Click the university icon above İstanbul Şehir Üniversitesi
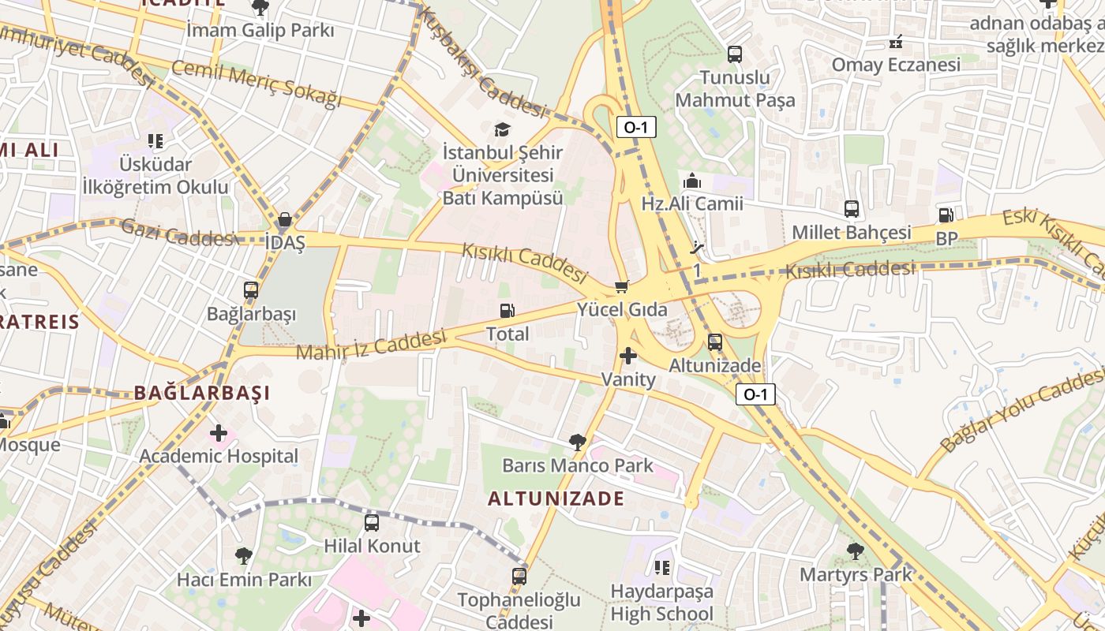pos(502,129)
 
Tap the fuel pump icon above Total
pos(508,312)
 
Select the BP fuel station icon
pos(946,215)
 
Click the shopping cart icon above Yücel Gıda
pos(622,287)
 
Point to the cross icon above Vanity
pos(628,357)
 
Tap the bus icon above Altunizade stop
pos(715,342)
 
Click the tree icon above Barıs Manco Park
pos(578,442)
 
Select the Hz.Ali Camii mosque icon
pos(692,181)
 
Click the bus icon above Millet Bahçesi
pos(851,209)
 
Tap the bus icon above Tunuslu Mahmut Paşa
pos(735,54)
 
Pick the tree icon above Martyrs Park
pos(855,551)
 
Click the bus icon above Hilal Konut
pos(372,522)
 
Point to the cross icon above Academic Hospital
pos(219,433)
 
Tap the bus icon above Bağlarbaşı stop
pos(251,290)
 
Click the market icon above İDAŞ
pos(285,219)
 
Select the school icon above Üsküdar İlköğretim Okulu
pos(155,141)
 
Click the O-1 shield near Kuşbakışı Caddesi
pos(636,126)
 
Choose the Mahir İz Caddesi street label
pos(371,345)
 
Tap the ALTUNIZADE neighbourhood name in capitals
pos(556,498)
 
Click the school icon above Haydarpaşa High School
pos(661,567)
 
